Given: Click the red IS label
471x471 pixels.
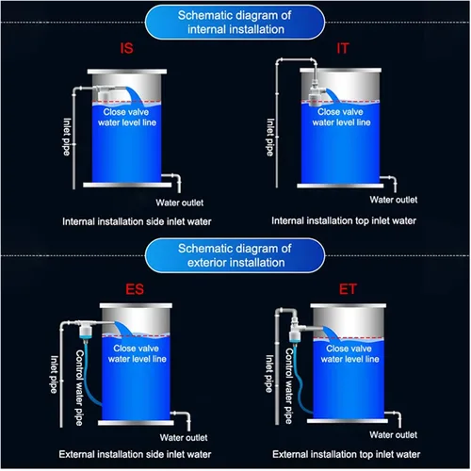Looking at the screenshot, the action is (x=126, y=48).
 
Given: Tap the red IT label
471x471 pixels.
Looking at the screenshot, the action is (x=343, y=48).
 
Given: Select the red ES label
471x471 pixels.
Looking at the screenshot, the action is (x=135, y=289).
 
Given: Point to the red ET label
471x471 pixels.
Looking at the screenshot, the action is (x=348, y=289).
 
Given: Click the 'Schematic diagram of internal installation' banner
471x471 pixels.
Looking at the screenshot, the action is (x=235, y=23).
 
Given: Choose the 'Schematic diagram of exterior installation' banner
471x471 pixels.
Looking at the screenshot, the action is (x=235, y=255).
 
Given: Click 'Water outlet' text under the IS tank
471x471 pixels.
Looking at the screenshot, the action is (x=180, y=203).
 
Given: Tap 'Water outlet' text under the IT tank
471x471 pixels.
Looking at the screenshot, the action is (x=394, y=200).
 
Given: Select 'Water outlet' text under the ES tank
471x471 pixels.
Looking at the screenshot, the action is (x=184, y=437).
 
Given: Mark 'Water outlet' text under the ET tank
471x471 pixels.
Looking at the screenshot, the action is (x=394, y=435).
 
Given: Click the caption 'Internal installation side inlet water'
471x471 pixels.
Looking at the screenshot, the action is (x=137, y=221).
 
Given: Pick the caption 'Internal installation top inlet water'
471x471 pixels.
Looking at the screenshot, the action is (x=344, y=220).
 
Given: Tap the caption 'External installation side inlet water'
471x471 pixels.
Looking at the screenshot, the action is (x=135, y=454).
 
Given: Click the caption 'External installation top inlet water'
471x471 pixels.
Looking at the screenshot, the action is (x=346, y=454).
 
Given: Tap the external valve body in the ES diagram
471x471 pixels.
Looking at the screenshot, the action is (x=85, y=331).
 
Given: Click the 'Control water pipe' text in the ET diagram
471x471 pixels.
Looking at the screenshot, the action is (x=289, y=386).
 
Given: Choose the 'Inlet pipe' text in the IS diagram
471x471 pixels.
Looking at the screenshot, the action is (x=67, y=137).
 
